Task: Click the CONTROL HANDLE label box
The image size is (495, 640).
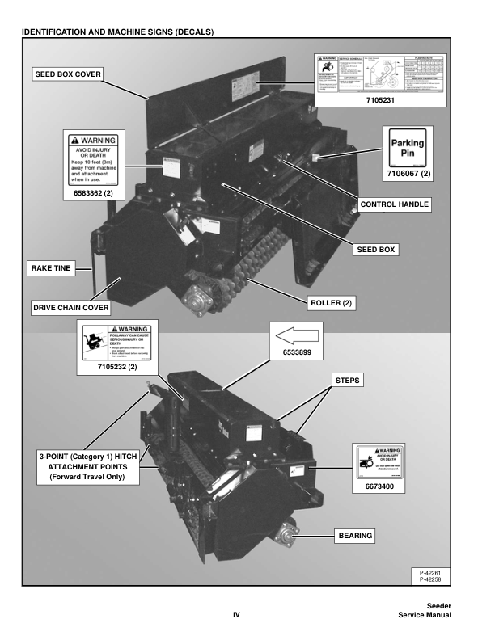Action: coord(394,204)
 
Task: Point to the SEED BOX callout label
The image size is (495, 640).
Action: coord(375,250)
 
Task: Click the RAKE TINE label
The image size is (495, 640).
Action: coord(51,267)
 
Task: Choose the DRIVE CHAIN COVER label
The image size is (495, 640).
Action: coord(70,308)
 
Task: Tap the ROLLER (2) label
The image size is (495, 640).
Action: coord(332,303)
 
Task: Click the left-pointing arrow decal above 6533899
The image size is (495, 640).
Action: coord(296,334)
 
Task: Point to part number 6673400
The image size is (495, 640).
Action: coord(377,487)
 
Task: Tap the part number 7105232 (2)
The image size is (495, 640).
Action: coord(117,368)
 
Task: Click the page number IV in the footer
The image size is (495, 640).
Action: coord(237,615)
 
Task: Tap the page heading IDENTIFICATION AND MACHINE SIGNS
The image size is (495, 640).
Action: coord(118,32)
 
